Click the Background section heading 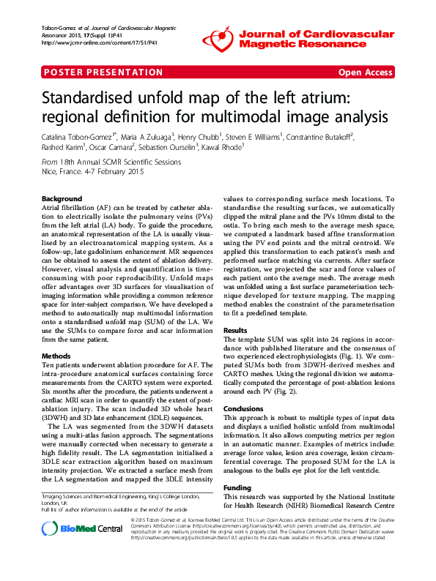(x=62, y=199)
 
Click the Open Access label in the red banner (x=365, y=72)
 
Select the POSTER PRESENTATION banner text (x=103, y=72)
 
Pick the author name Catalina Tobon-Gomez (x=78, y=136)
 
